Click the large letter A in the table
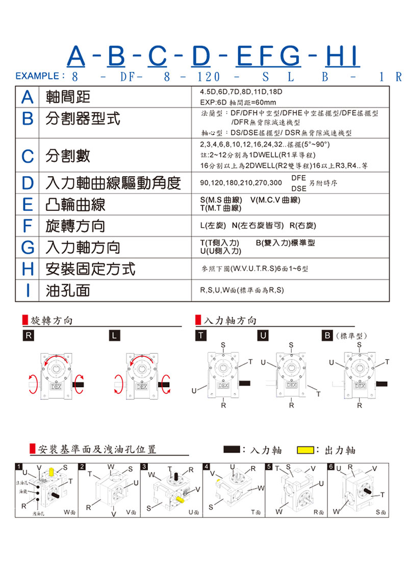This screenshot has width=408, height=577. [28, 98]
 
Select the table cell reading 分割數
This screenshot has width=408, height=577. [67, 156]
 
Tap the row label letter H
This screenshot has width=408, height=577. [28, 268]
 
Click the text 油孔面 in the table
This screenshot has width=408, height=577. [67, 290]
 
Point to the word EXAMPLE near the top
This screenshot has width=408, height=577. [37, 77]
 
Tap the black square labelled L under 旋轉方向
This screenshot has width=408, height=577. [115, 336]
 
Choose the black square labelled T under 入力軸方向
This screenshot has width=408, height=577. [202, 336]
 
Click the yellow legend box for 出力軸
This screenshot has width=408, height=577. [305, 450]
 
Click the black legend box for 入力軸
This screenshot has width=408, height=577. [232, 450]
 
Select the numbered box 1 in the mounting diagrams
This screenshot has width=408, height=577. [19, 467]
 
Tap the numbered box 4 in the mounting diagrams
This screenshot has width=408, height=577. [206, 467]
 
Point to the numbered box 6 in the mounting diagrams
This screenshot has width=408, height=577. [331, 467]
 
